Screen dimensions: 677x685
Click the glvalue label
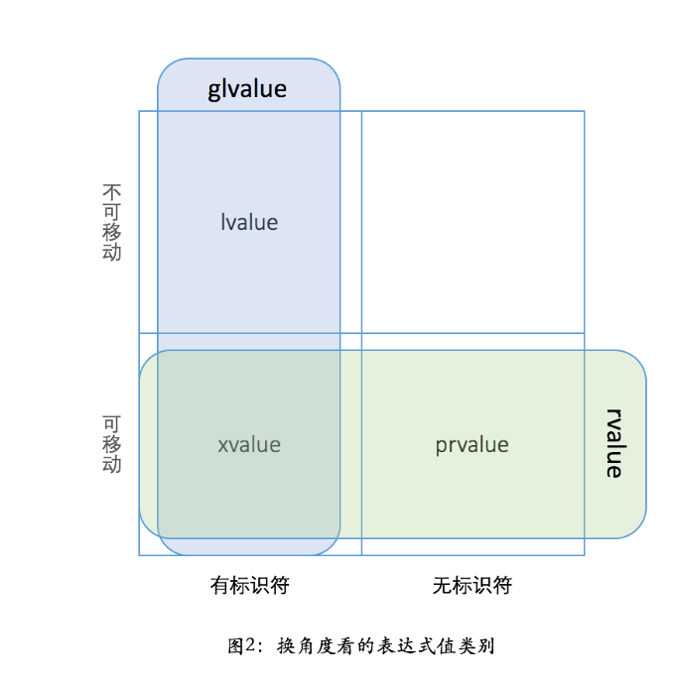[247, 89]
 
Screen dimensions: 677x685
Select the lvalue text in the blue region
[249, 222]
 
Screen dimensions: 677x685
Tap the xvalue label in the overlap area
[249, 444]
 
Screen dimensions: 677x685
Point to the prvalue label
[472, 444]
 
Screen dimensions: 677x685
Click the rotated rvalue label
[614, 443]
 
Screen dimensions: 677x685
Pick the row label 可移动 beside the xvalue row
[112, 444]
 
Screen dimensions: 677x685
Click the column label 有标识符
[249, 585]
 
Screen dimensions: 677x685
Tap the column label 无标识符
[472, 585]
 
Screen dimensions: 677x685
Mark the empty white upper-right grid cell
[473, 222]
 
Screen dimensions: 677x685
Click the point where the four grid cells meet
[361, 334]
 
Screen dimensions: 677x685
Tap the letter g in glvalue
[214, 91]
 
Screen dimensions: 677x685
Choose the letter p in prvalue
[440, 446]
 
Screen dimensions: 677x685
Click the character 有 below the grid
[219, 585]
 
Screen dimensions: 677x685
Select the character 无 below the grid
[442, 585]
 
